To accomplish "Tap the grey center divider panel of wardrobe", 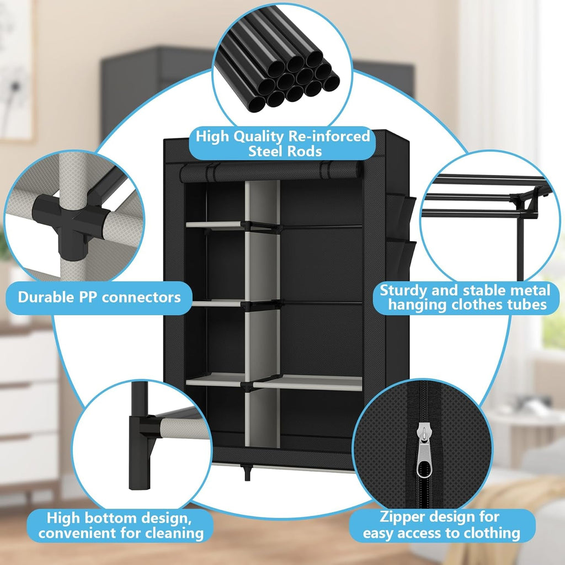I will click(x=262, y=309).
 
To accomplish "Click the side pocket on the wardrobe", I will click(x=399, y=221).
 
